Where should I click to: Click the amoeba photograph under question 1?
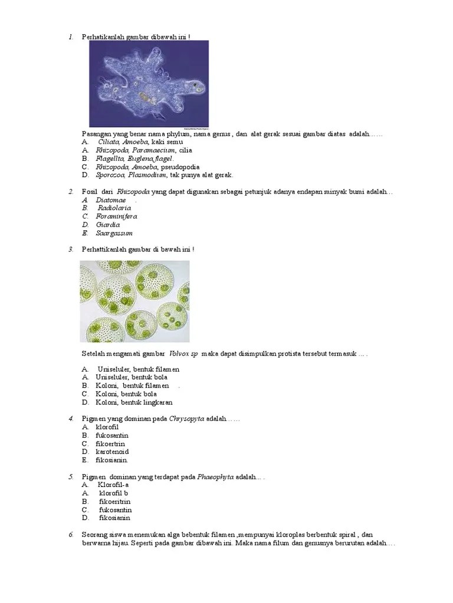pyautogui.click(x=149, y=84)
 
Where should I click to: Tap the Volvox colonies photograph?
pyautogui.click(x=135, y=301)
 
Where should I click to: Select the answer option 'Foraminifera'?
pyautogui.click(x=116, y=217)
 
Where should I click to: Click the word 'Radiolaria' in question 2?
pyautogui.click(x=114, y=208)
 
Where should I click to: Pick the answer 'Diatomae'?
pyautogui.click(x=111, y=200)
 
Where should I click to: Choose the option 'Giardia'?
pyautogui.click(x=108, y=225)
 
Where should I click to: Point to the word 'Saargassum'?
pyautogui.click(x=114, y=233)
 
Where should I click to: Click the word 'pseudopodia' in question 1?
pyautogui.click(x=180, y=167)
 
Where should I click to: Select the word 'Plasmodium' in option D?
pyautogui.click(x=147, y=175)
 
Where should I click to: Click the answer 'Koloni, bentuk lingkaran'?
pyautogui.click(x=134, y=403)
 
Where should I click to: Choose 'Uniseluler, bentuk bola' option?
pyautogui.click(x=132, y=377)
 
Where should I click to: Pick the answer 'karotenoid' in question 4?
pyautogui.click(x=112, y=452)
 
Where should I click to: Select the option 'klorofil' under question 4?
pyautogui.click(x=107, y=428)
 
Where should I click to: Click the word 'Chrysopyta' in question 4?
pyautogui.click(x=186, y=419)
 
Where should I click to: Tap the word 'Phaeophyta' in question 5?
pyautogui.click(x=215, y=477)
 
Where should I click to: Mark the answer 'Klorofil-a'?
pyautogui.click(x=113, y=485)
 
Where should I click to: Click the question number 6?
pyautogui.click(x=71, y=535)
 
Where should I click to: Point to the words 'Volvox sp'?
pyautogui.click(x=183, y=354)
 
